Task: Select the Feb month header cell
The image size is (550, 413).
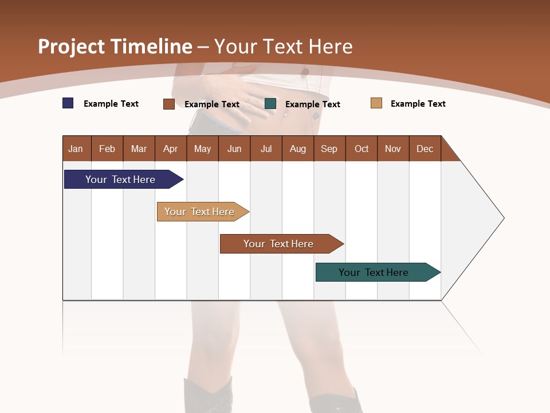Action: pyautogui.click(x=107, y=149)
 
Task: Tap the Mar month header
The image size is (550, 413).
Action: pyautogui.click(x=139, y=149)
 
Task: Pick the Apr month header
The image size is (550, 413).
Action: pyautogui.click(x=171, y=149)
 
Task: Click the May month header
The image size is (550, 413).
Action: pyautogui.click(x=202, y=149)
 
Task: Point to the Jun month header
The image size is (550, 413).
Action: pyautogui.click(x=234, y=149)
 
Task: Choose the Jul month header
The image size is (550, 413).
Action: pyautogui.click(x=266, y=149)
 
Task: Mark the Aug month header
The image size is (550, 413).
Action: pyautogui.click(x=298, y=149)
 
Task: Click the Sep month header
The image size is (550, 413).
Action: pyautogui.click(x=329, y=149)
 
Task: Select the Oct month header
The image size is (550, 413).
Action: pyautogui.click(x=362, y=149)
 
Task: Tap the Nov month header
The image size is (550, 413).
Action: pyautogui.click(x=393, y=149)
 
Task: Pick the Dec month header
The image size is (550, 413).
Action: pyautogui.click(x=425, y=149)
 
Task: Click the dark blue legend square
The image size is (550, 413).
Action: pyautogui.click(x=68, y=103)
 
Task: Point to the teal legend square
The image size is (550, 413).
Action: pyautogui.click(x=270, y=104)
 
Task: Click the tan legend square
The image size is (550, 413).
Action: pyautogui.click(x=376, y=103)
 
